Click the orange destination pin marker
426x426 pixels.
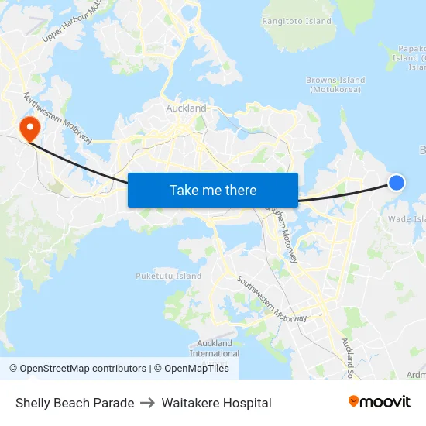tap(29, 128)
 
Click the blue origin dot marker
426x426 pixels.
tap(396, 182)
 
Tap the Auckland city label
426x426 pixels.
tap(186, 108)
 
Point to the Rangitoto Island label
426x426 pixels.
tap(297, 22)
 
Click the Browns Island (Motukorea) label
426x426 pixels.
tap(335, 84)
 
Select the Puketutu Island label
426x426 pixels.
tap(168, 276)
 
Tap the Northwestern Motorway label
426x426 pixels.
tap(58, 119)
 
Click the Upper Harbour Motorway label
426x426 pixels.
tap(74, 21)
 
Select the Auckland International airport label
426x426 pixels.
tap(215, 349)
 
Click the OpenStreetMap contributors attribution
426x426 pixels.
tap(77, 369)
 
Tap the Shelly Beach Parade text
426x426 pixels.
tap(74, 403)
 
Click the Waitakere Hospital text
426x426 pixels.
tap(216, 403)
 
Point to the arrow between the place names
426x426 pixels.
tap(148, 403)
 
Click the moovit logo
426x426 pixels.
tap(379, 401)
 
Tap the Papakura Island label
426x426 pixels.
tap(411, 57)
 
